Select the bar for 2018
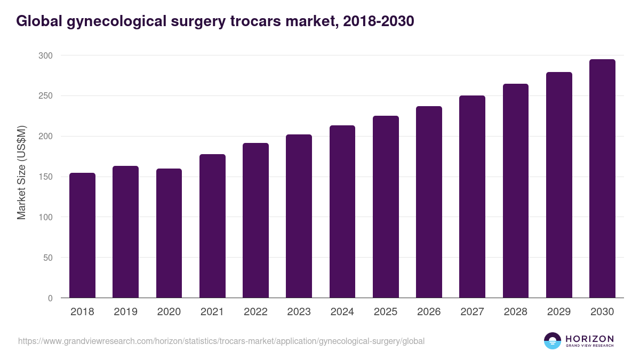pyautogui.click(x=82, y=235)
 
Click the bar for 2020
pyautogui.click(x=169, y=233)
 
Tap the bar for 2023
pyautogui.click(x=299, y=216)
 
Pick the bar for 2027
pyautogui.click(x=472, y=197)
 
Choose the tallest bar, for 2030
pyautogui.click(x=602, y=179)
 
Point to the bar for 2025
pyautogui.click(x=386, y=207)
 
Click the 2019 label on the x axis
pyautogui.click(x=125, y=312)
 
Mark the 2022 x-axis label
pyautogui.click(x=255, y=312)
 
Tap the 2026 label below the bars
pyautogui.click(x=429, y=312)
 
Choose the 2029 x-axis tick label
pyautogui.click(x=559, y=312)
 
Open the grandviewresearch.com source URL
pyautogui.click(x=221, y=341)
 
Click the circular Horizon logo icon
pyautogui.click(x=553, y=341)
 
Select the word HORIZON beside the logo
pyautogui.click(x=590, y=338)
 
